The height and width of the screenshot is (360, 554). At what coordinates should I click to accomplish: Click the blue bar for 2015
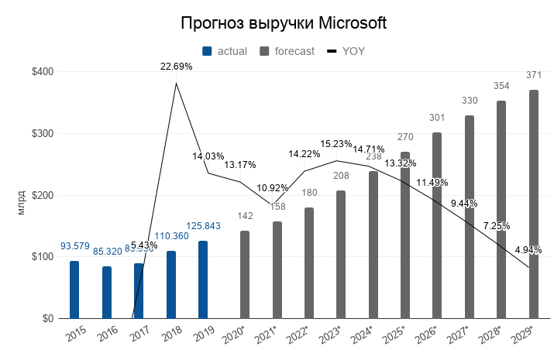74,290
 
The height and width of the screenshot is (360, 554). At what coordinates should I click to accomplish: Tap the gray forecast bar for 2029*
534,204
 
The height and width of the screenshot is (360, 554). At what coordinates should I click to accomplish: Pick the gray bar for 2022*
309,262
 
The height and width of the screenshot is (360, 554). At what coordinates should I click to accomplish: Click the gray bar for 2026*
437,225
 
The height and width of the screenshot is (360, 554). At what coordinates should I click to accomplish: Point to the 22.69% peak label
177,67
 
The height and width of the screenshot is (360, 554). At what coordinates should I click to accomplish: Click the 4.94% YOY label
528,250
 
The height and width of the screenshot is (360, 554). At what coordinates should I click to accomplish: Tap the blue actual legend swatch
207,51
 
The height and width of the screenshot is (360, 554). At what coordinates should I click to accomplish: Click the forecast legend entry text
294,51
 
